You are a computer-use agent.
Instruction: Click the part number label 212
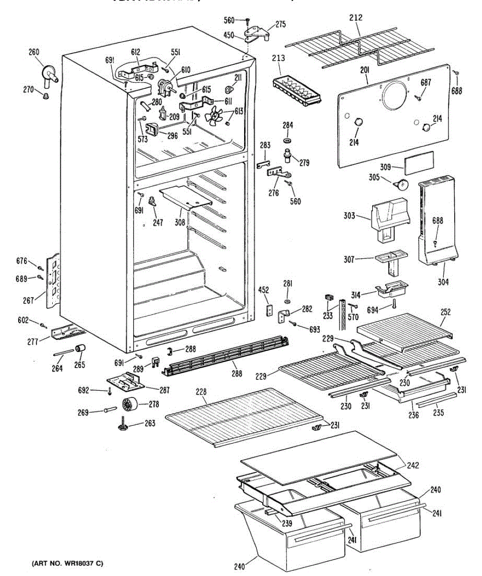356,18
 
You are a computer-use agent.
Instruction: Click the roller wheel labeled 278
130,405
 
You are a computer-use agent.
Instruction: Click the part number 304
443,282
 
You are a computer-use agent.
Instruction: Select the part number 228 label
202,393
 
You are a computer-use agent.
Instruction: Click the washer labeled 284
288,140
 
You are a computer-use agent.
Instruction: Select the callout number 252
445,312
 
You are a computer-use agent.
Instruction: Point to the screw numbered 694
394,304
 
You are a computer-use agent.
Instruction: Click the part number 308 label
180,223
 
